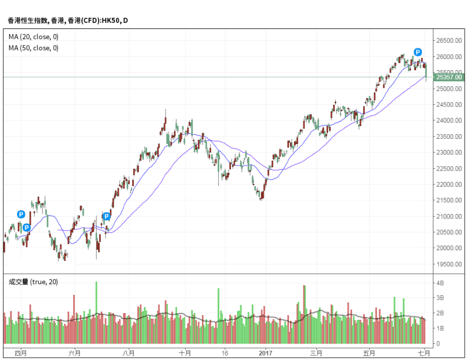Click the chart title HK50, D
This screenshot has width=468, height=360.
click(x=67, y=21)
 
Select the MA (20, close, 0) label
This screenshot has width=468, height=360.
click(x=33, y=37)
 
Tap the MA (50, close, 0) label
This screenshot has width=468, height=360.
click(x=33, y=48)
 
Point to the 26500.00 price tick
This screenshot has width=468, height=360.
click(x=448, y=41)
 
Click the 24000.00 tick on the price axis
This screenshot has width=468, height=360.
click(x=448, y=120)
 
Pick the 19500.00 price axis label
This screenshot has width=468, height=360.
click(x=448, y=265)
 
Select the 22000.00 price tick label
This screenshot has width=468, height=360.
click(x=448, y=184)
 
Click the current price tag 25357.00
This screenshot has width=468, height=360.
click(x=450, y=77)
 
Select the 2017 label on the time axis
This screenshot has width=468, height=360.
click(x=265, y=353)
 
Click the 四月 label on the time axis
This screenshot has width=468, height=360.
click(x=20, y=353)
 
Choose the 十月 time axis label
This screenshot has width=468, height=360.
click(x=185, y=353)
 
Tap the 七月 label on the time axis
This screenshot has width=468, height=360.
click(x=424, y=353)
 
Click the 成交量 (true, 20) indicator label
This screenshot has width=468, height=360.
click(x=33, y=282)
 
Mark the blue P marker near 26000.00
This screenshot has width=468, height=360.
click(x=418, y=52)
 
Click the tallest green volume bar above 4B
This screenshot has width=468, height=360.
click(x=96, y=312)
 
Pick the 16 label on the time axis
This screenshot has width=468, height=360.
click(x=224, y=353)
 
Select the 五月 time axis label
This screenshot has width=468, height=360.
click(x=369, y=353)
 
